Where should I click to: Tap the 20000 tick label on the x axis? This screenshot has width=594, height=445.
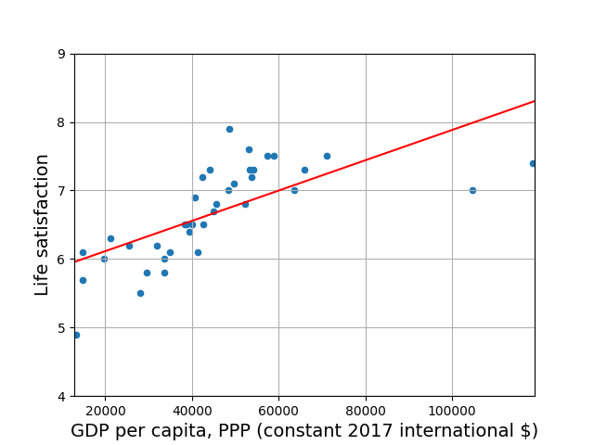coord(105,411)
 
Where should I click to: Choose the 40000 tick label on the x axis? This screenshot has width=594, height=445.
coord(192,411)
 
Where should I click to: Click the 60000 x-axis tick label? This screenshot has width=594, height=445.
coord(278,411)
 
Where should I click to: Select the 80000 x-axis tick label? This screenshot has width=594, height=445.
coord(366,411)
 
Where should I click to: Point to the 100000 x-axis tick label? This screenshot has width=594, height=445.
coord(453,411)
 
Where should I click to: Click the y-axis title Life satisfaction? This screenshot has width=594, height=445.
coord(43,224)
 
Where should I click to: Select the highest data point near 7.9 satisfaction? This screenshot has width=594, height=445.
coord(229,129)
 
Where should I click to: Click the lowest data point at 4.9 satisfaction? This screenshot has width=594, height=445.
coord(76,335)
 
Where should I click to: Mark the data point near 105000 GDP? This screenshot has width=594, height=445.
coord(472,190)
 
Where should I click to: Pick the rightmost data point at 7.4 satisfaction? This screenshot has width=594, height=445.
coord(533,163)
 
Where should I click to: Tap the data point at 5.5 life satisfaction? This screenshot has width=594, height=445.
coord(140,293)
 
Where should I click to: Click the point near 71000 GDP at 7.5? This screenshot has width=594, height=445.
coord(327,156)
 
